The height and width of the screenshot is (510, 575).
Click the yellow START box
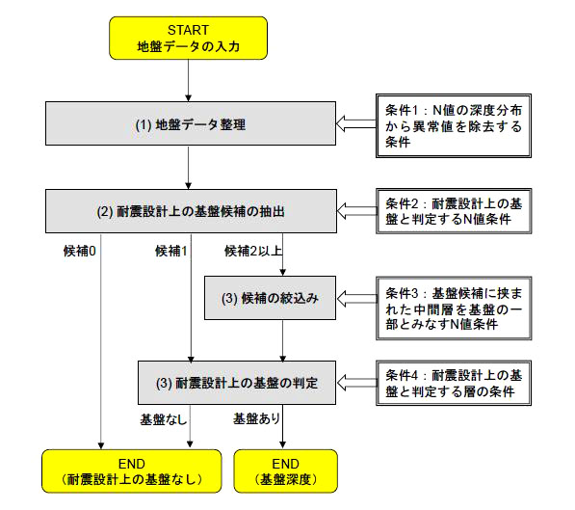(x=188, y=38)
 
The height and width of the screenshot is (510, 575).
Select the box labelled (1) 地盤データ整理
(x=191, y=123)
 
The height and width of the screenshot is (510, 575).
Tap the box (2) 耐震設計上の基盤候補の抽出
(x=191, y=211)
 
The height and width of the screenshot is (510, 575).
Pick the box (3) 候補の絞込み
(x=270, y=298)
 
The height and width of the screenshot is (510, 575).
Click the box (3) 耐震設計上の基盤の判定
(x=237, y=383)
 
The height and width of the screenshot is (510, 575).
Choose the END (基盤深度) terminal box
(x=286, y=471)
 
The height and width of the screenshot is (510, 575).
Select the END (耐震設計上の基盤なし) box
(x=132, y=471)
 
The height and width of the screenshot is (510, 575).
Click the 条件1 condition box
(x=454, y=125)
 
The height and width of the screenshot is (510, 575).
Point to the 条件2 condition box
(x=454, y=211)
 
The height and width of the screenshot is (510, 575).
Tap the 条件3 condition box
(x=454, y=309)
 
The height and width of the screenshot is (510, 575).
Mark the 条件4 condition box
(x=454, y=383)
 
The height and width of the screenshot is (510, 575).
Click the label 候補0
(x=80, y=252)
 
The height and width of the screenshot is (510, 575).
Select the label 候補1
(x=171, y=252)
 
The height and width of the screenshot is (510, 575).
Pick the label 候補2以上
(x=253, y=252)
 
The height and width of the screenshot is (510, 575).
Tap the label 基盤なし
(x=164, y=419)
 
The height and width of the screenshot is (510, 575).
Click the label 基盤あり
(x=257, y=418)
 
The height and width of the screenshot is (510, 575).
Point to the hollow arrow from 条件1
(x=356, y=123)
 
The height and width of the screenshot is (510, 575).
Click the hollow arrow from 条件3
(x=356, y=299)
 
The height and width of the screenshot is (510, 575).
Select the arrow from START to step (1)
(x=188, y=80)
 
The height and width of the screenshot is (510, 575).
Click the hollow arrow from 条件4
(x=356, y=383)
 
